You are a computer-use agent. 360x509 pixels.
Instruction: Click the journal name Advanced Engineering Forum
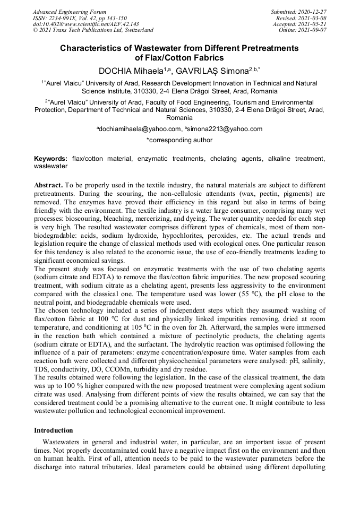click(x=69, y=12)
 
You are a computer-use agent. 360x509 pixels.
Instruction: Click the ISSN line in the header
click(x=80, y=18)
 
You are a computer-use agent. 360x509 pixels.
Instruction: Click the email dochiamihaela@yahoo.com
click(x=139, y=128)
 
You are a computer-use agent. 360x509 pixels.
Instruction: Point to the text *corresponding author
click(x=179, y=140)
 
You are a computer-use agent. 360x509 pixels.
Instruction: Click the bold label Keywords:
click(x=51, y=159)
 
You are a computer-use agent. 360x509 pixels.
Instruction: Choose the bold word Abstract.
click(x=49, y=185)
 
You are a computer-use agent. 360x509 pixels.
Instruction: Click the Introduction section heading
click(x=53, y=430)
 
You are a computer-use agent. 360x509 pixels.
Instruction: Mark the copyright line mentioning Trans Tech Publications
click(x=93, y=30)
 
